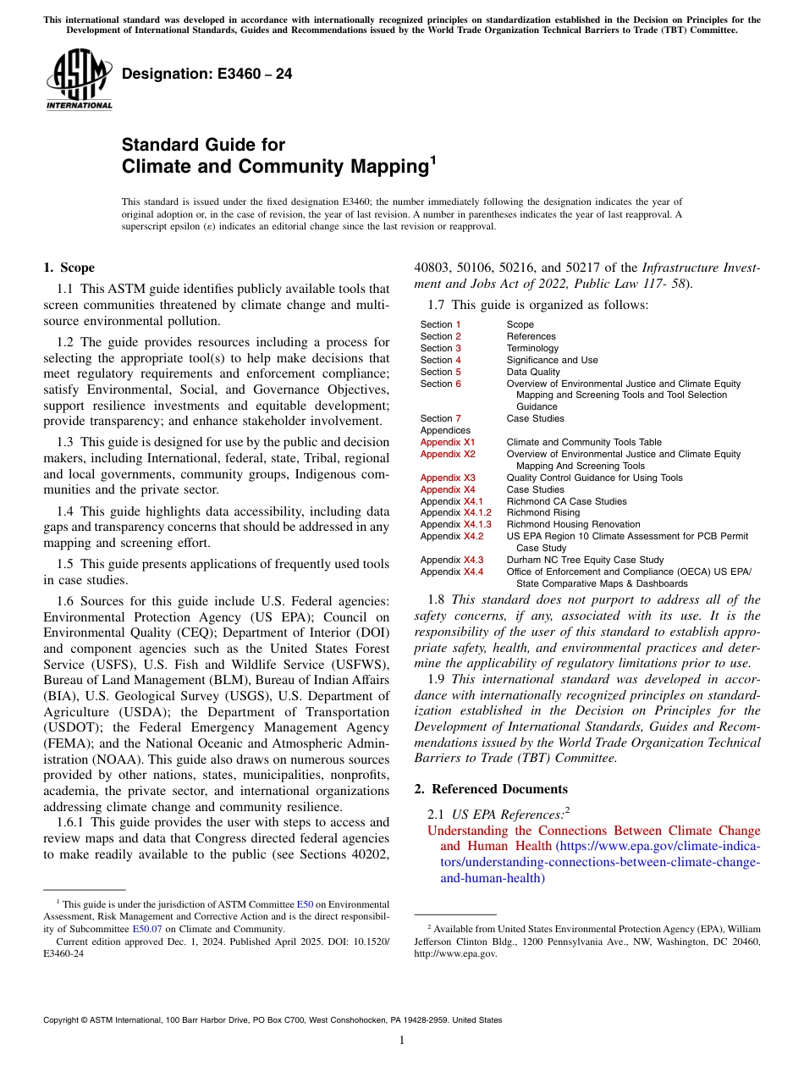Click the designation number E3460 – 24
coord(207,74)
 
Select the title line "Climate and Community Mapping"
coord(274,167)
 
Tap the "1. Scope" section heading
coord(69,268)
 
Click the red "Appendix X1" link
coord(448,443)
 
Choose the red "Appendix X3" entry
coord(448,478)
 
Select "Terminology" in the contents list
coord(532,348)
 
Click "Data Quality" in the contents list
coord(533,372)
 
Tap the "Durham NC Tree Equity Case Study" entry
coord(585,561)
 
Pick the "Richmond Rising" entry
coord(543,513)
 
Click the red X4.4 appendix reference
coord(473,572)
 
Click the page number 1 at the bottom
coord(402,1041)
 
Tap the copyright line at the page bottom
coord(273,1020)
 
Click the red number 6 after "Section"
coord(459,384)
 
